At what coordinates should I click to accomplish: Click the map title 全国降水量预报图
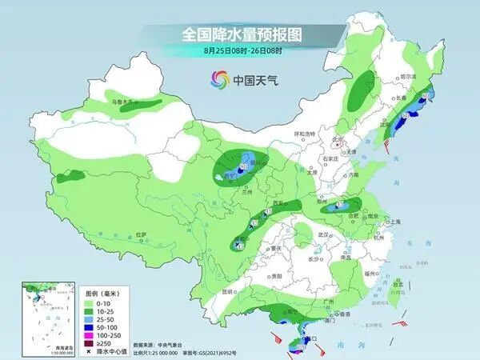(x=239, y=35)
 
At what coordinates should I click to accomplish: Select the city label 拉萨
(x=141, y=234)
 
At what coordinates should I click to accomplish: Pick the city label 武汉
(x=323, y=234)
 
